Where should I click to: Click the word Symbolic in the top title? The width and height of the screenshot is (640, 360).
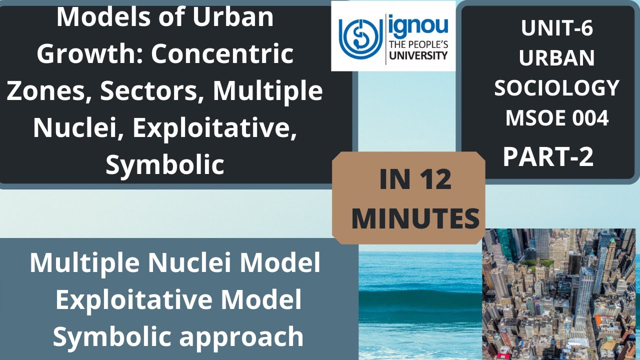(164, 165)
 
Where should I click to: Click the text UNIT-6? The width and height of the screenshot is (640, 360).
(556, 28)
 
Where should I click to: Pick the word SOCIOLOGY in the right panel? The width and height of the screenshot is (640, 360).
(556, 88)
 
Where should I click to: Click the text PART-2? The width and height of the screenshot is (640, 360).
(548, 157)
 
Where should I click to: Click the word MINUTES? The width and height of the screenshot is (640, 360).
(415, 219)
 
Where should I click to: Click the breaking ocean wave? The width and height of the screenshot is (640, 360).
(420, 295)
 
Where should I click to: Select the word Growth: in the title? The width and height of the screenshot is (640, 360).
(89, 54)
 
